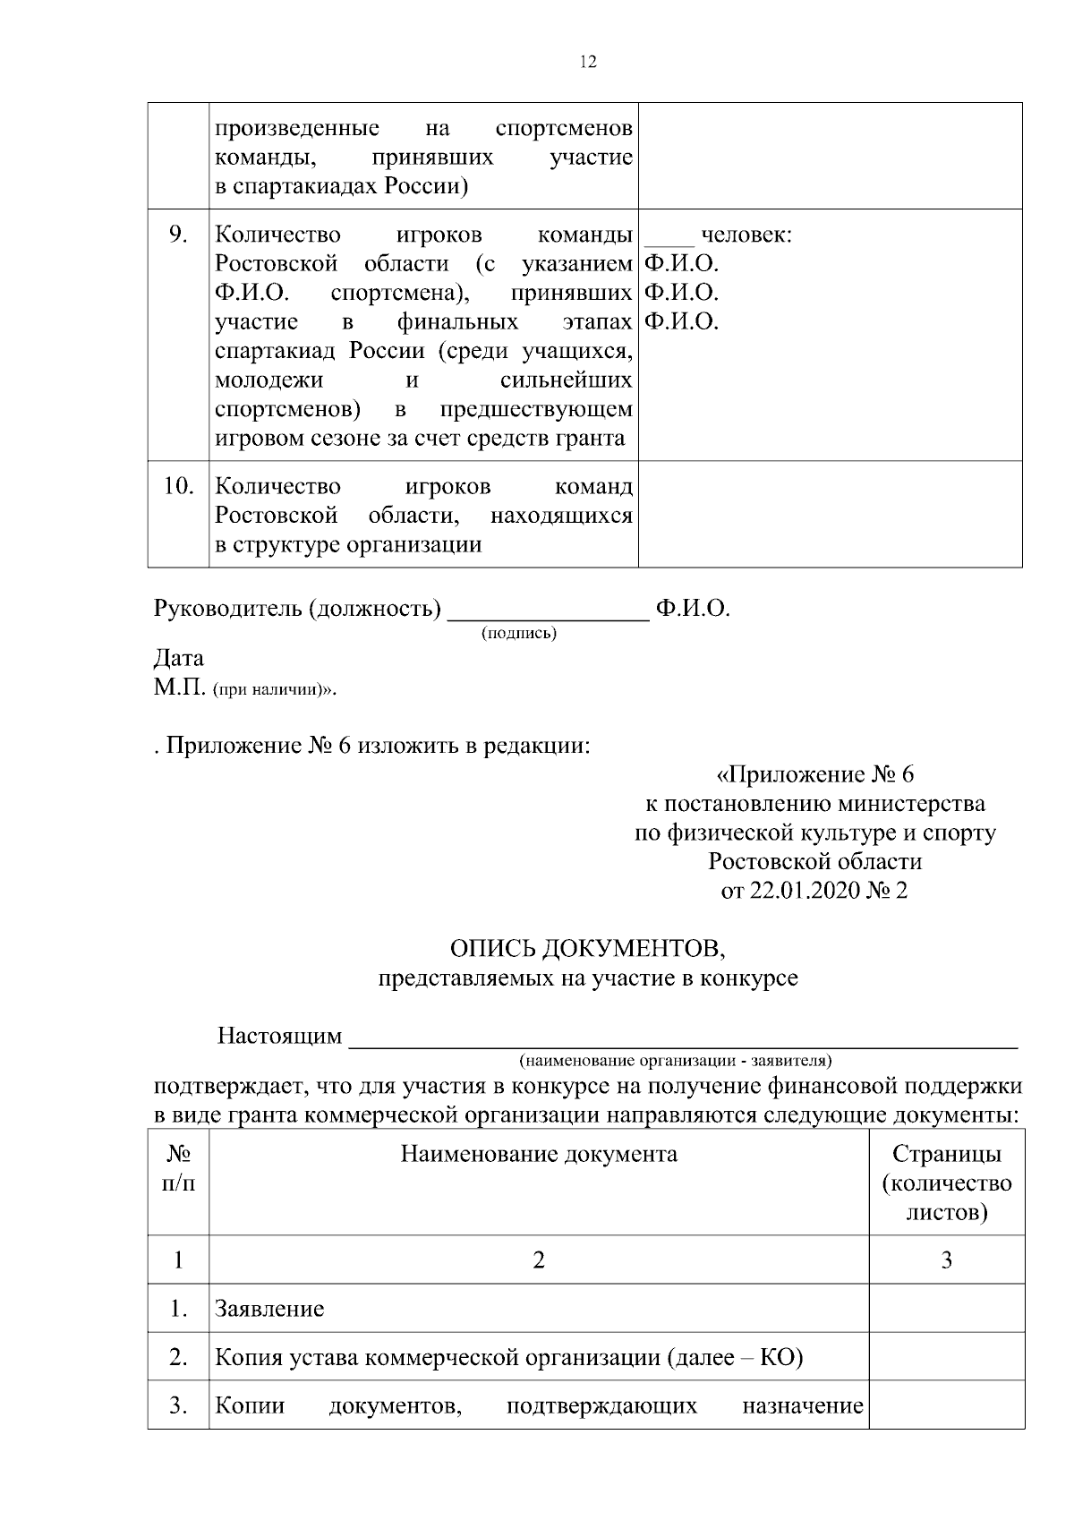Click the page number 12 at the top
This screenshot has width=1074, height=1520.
click(588, 62)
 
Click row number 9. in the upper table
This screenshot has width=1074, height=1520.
click(178, 235)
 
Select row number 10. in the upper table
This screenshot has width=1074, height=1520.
click(179, 486)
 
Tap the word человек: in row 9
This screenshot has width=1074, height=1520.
click(746, 235)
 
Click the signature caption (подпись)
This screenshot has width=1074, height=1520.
click(519, 634)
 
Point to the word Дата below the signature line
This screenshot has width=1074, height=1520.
click(179, 658)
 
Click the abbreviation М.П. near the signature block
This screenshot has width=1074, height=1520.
click(181, 688)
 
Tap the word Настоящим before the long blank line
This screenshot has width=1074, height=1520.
click(279, 1036)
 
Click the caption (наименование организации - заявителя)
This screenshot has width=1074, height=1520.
click(676, 1061)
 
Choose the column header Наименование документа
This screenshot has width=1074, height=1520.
click(539, 1154)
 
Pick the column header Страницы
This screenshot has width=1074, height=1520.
click(947, 1154)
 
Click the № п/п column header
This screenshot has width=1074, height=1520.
click(178, 1168)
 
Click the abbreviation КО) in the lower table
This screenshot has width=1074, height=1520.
click(781, 1358)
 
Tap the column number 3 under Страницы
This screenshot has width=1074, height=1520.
click(946, 1260)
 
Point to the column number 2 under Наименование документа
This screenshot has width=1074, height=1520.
click(539, 1260)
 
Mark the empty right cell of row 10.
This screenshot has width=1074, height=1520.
click(830, 515)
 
